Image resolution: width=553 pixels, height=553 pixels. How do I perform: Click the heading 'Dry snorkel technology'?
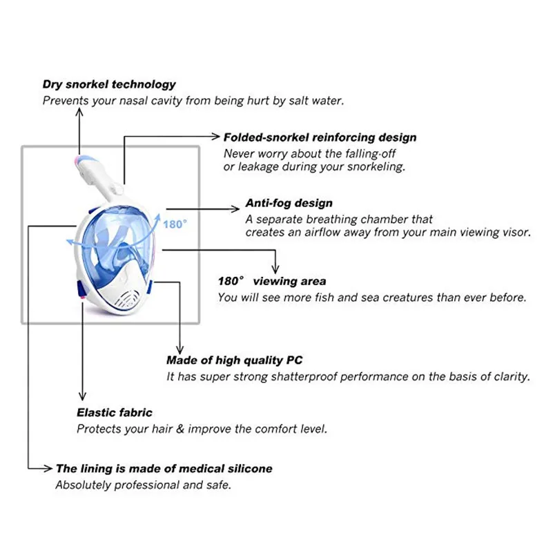click(x=109, y=85)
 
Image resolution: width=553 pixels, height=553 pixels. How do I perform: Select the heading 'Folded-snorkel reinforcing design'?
click(x=320, y=137)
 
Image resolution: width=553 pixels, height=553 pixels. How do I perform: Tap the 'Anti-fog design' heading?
click(x=289, y=203)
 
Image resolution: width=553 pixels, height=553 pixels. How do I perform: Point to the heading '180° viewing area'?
click(x=272, y=281)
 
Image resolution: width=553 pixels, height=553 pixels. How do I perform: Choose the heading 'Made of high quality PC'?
click(x=235, y=360)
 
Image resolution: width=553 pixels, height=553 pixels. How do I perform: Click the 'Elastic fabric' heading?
click(x=115, y=413)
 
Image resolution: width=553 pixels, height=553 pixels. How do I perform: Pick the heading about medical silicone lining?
click(x=164, y=469)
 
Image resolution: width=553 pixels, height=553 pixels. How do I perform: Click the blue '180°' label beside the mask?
click(x=175, y=224)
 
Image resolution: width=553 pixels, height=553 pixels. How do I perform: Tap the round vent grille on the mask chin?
click(x=126, y=299)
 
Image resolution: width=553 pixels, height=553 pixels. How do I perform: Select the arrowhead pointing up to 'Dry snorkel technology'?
click(x=79, y=112)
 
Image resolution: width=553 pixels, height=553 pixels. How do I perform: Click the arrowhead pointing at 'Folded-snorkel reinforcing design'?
click(x=215, y=136)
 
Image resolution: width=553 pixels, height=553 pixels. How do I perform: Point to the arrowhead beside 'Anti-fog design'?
click(x=235, y=209)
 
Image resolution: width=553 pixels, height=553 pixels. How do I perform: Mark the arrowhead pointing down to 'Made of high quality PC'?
click(x=180, y=349)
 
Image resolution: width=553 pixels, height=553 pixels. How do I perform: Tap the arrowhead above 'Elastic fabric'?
click(x=83, y=396)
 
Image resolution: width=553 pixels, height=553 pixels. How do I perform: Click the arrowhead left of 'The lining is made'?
click(x=48, y=468)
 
